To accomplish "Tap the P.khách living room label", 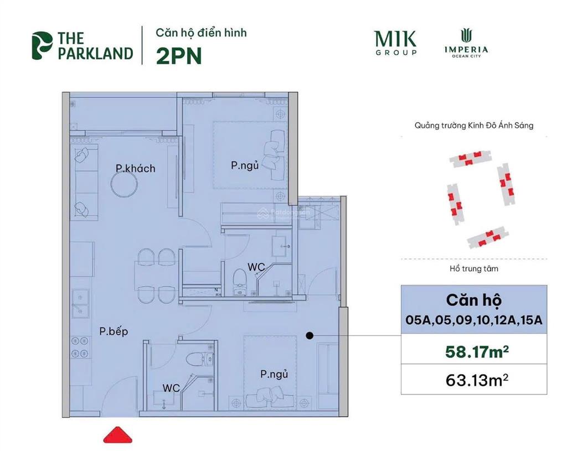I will [135, 168].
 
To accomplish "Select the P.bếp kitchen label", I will [114, 331].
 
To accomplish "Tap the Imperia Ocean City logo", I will [466, 43].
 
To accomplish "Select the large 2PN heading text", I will [179, 56].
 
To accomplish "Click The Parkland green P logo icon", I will [42, 46].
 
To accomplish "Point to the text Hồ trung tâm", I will [473, 269].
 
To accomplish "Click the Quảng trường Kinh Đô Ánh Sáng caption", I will [474, 126].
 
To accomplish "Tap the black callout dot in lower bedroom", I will [310, 335].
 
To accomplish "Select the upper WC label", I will [256, 267].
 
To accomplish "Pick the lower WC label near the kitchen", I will [171, 388].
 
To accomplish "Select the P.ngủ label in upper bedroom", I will [245, 165].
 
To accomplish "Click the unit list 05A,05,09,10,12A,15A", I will [473, 320].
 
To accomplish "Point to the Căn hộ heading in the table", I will [473, 300].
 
